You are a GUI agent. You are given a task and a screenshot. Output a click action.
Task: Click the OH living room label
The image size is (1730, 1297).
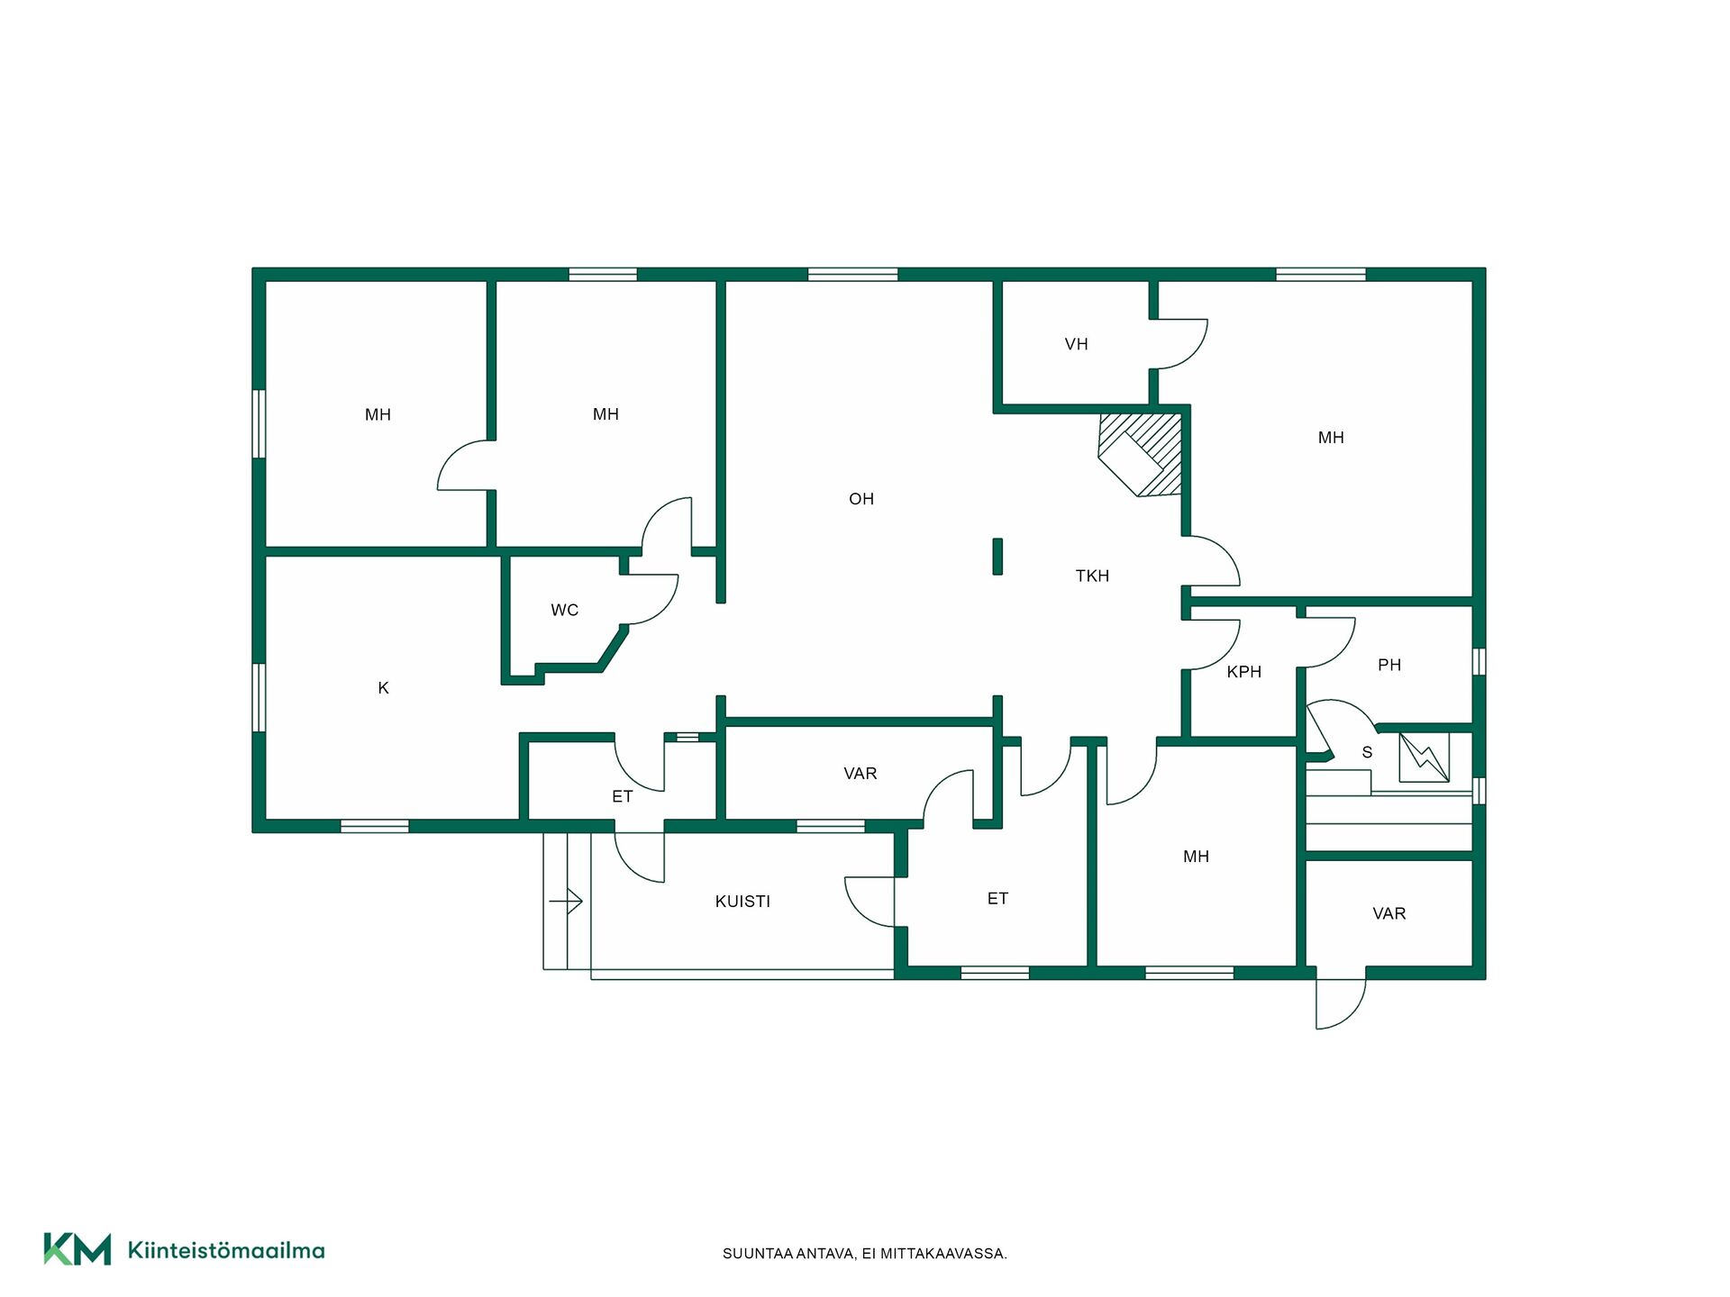click(x=861, y=499)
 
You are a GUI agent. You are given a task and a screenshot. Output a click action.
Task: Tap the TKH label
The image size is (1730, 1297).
click(x=1092, y=576)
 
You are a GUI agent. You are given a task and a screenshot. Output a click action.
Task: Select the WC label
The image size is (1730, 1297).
click(x=565, y=610)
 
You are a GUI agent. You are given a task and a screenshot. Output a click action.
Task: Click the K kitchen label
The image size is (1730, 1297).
click(x=383, y=688)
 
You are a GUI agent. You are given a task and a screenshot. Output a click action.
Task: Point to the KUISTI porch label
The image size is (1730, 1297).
click(x=742, y=902)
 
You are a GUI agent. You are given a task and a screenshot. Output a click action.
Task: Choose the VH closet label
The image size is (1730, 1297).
click(x=1076, y=344)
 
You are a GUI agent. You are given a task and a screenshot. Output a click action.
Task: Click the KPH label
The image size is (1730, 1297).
click(x=1243, y=672)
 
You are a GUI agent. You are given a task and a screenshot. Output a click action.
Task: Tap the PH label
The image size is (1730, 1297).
click(x=1389, y=665)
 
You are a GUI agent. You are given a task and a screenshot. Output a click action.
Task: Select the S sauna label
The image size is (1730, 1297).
click(x=1367, y=752)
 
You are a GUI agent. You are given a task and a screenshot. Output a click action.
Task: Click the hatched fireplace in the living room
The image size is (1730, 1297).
click(x=1141, y=455)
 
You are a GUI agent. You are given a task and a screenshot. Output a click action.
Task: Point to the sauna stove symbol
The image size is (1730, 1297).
click(x=1424, y=757)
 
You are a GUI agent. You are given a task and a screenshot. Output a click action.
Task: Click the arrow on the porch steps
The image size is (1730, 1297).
click(x=566, y=901)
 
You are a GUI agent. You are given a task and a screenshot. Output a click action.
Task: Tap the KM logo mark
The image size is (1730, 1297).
click(x=77, y=1249)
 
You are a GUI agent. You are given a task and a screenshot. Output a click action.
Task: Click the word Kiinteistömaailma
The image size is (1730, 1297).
click(x=226, y=1250)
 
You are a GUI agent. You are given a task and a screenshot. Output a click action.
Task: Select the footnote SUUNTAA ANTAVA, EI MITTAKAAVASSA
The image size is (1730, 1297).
click(x=865, y=1254)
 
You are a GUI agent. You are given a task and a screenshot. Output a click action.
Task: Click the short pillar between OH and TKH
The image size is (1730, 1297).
click(x=997, y=557)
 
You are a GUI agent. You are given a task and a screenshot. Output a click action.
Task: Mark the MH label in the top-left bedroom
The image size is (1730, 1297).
click(x=378, y=415)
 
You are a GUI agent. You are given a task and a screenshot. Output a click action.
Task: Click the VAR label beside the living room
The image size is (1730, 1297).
click(x=860, y=774)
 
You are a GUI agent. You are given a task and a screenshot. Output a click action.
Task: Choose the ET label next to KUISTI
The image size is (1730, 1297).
click(x=997, y=899)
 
